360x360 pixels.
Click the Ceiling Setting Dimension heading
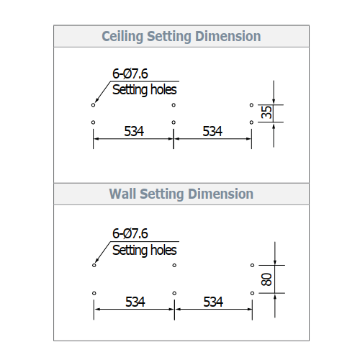click(x=181, y=37)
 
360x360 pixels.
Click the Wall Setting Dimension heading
click(x=181, y=194)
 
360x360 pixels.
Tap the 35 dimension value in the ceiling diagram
click(x=266, y=112)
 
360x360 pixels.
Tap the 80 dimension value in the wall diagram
click(x=266, y=279)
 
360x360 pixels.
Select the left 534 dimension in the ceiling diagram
click(x=134, y=131)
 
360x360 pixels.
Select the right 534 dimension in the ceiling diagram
click(x=212, y=131)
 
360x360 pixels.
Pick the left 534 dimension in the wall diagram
click(x=135, y=302)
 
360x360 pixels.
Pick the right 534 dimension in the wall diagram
click(x=213, y=302)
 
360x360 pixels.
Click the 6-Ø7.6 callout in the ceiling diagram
click(x=130, y=73)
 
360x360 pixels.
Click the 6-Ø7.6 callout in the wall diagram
click(x=130, y=233)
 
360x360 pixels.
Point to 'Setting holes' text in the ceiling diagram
click(x=145, y=90)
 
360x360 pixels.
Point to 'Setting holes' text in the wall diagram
click(x=145, y=251)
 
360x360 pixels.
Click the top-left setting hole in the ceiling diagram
click(x=93, y=105)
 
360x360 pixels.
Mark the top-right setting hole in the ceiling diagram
click(x=251, y=105)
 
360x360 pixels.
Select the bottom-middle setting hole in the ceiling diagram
click(x=174, y=122)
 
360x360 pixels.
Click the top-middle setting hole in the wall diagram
click(x=174, y=265)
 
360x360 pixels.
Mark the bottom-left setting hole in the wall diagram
click(x=94, y=293)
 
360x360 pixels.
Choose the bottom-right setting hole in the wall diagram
click(x=252, y=293)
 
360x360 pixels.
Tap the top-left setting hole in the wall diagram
click(x=94, y=265)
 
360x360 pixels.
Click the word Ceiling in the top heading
click(x=122, y=37)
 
